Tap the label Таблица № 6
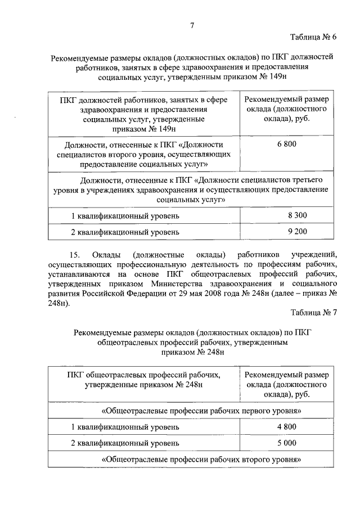click(x=313, y=38)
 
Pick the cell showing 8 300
click(x=297, y=215)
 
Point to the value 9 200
click(x=297, y=231)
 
